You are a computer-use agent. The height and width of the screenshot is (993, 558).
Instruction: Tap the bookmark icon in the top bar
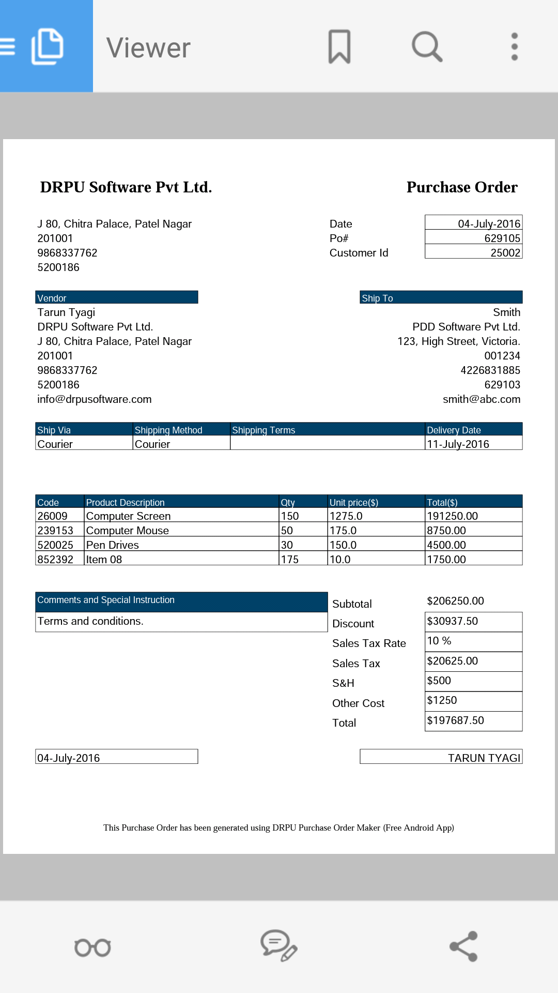tap(339, 47)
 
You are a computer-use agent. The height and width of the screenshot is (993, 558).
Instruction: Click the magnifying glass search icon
tap(427, 47)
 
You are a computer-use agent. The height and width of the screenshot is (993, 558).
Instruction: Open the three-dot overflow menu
tap(514, 47)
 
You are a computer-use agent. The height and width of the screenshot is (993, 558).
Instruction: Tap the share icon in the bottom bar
tap(463, 946)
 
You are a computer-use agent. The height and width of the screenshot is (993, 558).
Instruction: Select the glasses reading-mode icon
tap(93, 947)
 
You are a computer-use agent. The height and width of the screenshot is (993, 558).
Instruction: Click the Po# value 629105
tap(502, 238)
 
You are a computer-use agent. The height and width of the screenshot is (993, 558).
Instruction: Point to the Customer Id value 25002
tap(505, 253)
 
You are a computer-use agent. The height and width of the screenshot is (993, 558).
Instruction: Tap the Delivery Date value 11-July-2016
tap(458, 444)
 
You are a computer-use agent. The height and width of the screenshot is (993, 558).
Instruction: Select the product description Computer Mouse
tap(128, 531)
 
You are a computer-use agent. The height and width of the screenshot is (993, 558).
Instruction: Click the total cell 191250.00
tap(453, 516)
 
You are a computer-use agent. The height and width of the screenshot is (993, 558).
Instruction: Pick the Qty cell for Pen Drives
tap(287, 545)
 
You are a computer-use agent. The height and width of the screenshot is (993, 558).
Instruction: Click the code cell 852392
tap(55, 560)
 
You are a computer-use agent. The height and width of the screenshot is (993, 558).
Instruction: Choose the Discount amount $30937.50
tap(453, 621)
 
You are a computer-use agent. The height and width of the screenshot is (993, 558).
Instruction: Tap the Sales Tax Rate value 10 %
tap(439, 641)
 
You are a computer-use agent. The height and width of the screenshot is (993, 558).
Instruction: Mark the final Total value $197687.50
tap(456, 720)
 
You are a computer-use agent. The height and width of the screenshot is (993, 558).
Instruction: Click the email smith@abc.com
tap(482, 399)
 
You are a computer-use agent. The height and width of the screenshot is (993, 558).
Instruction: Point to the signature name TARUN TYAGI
tap(484, 758)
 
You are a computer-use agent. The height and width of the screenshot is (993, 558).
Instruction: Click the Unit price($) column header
tap(354, 503)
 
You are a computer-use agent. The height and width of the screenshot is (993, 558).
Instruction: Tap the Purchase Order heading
tap(462, 187)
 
